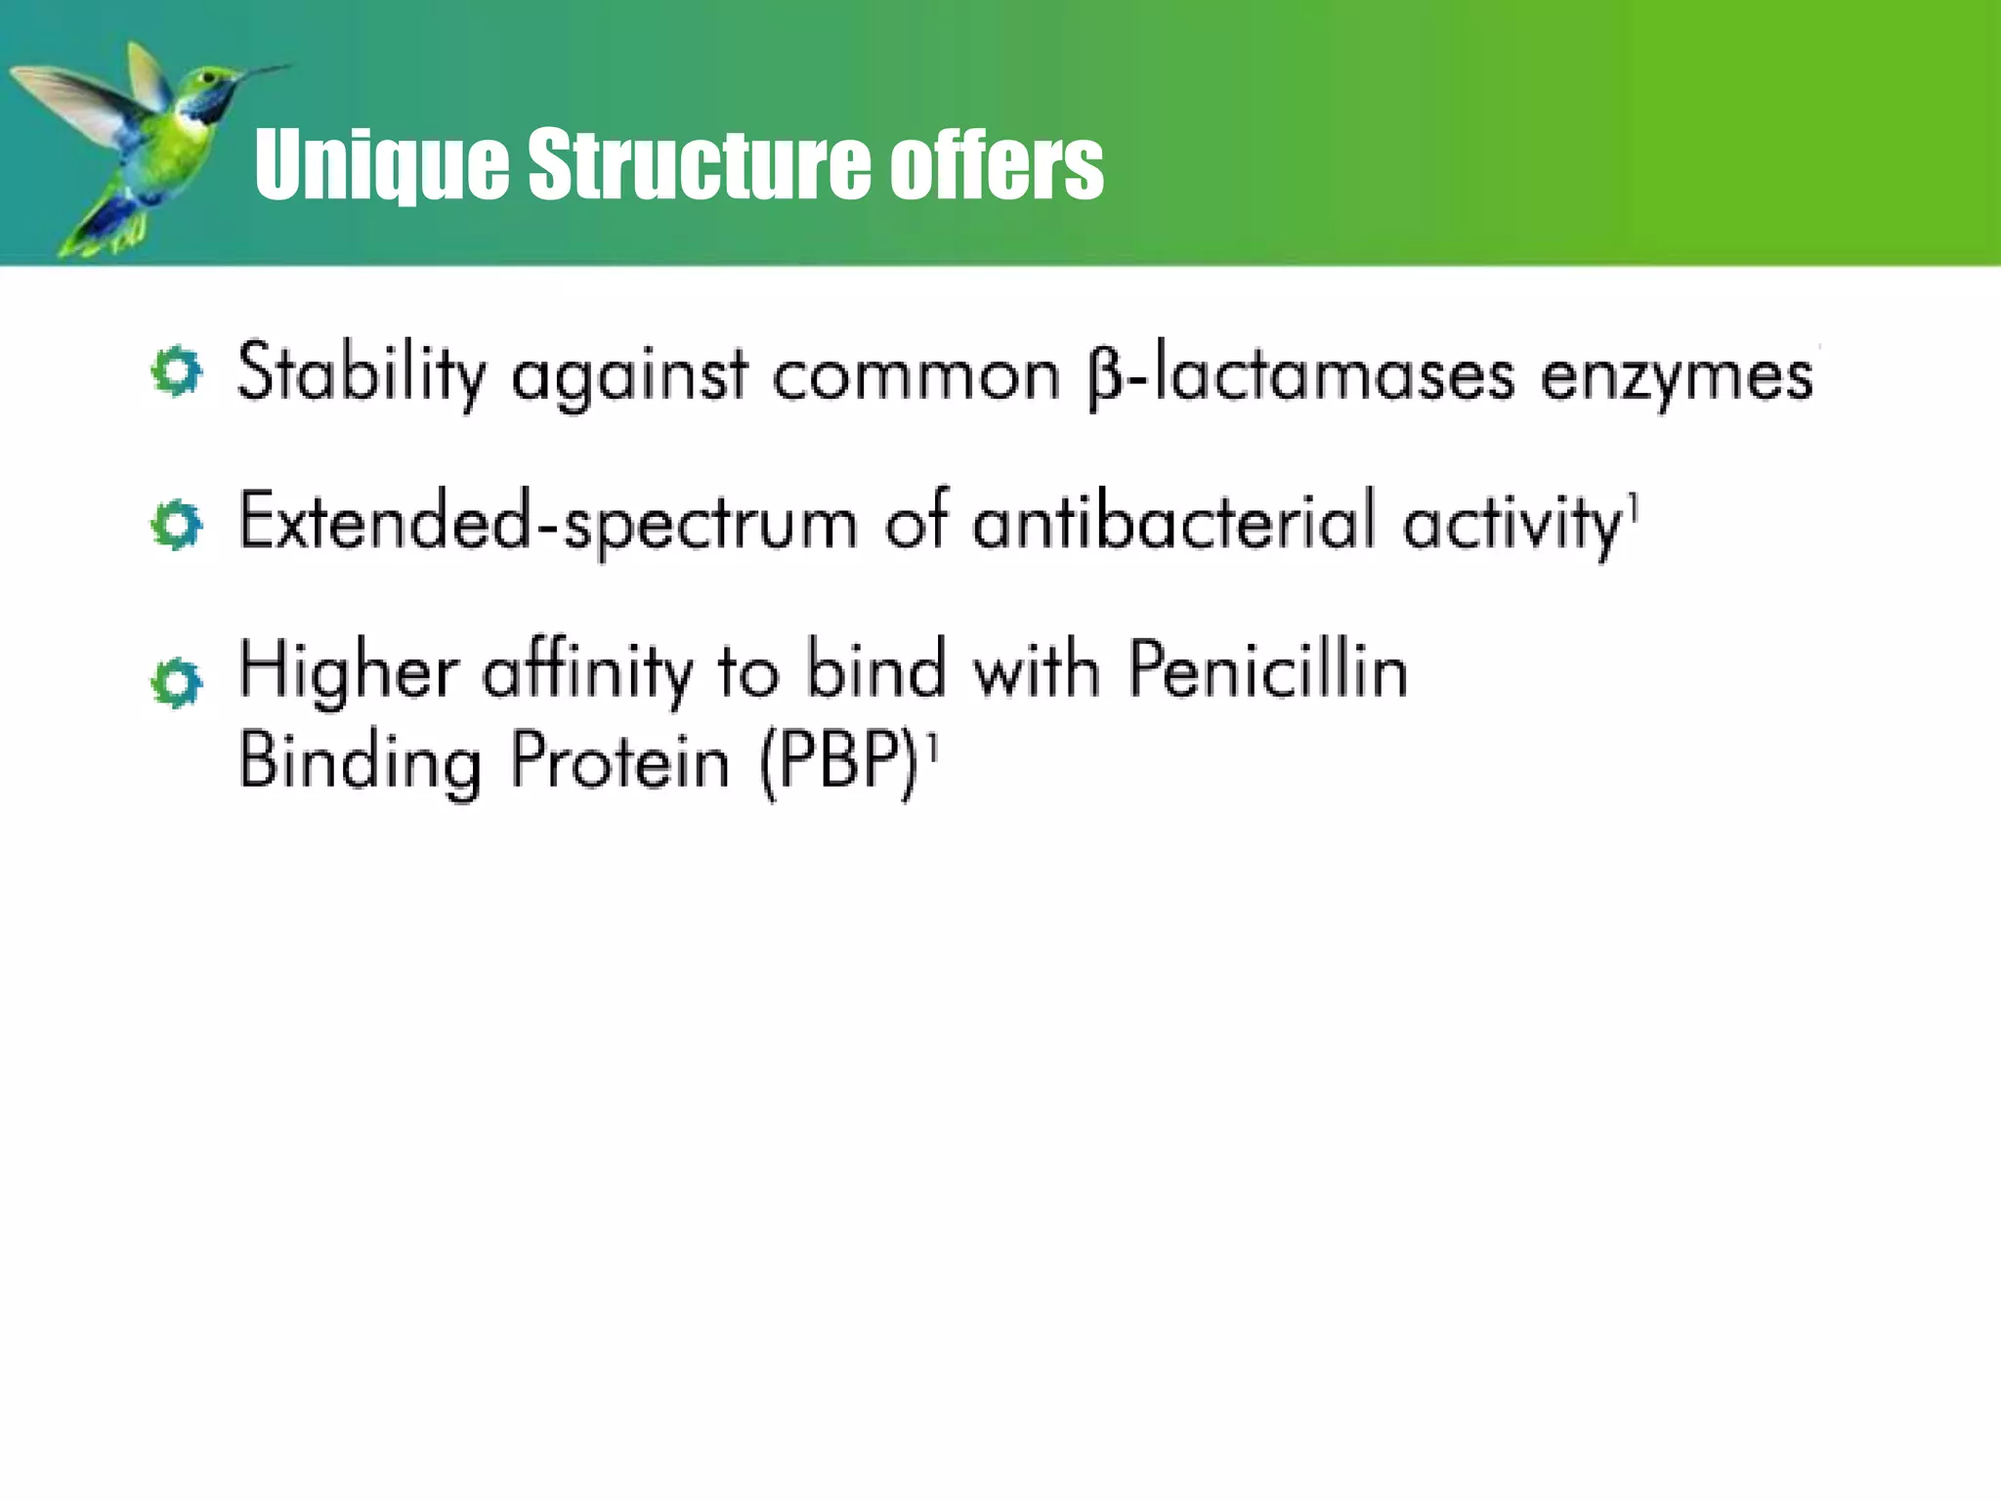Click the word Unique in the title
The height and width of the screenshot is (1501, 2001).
click(381, 164)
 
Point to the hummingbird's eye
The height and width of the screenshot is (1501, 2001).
click(206, 76)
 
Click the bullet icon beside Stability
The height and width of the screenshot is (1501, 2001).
click(177, 371)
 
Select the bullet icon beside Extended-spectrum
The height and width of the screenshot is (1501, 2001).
click(177, 525)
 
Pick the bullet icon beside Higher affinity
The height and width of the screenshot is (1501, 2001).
click(177, 681)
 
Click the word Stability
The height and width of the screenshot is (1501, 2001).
click(362, 373)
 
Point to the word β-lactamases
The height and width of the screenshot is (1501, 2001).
click(1300, 375)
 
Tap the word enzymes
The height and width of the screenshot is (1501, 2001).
click(1677, 377)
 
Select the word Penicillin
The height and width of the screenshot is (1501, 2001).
click(1268, 670)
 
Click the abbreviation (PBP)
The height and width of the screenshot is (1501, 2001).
click(840, 762)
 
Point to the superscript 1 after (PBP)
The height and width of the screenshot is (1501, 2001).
click(932, 748)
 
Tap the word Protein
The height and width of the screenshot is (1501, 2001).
click(620, 762)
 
